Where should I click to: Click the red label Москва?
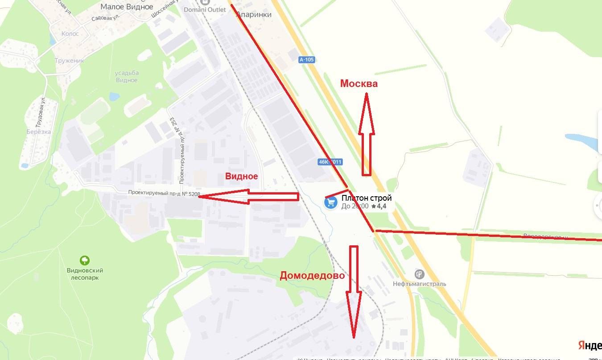pyautogui.click(x=359, y=83)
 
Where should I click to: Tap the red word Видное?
pyautogui.click(x=241, y=176)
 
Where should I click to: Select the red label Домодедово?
pyautogui.click(x=312, y=276)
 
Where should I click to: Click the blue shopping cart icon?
pyautogui.click(x=330, y=203)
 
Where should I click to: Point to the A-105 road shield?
pyautogui.click(x=307, y=59)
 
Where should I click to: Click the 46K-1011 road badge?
pyautogui.click(x=330, y=162)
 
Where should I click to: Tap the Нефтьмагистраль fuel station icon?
pyautogui.click(x=419, y=274)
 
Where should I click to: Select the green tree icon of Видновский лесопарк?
pyautogui.click(x=84, y=260)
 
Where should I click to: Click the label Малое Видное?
pyautogui.click(x=127, y=7)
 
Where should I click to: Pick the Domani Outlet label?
pyautogui.click(x=205, y=9)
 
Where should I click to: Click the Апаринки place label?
pyautogui.click(x=254, y=14)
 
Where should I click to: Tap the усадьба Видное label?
pyautogui.click(x=127, y=76)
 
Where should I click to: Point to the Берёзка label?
pyautogui.click(x=38, y=132)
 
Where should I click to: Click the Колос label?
pyautogui.click(x=70, y=33)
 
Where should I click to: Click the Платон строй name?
pyautogui.click(x=367, y=198)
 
